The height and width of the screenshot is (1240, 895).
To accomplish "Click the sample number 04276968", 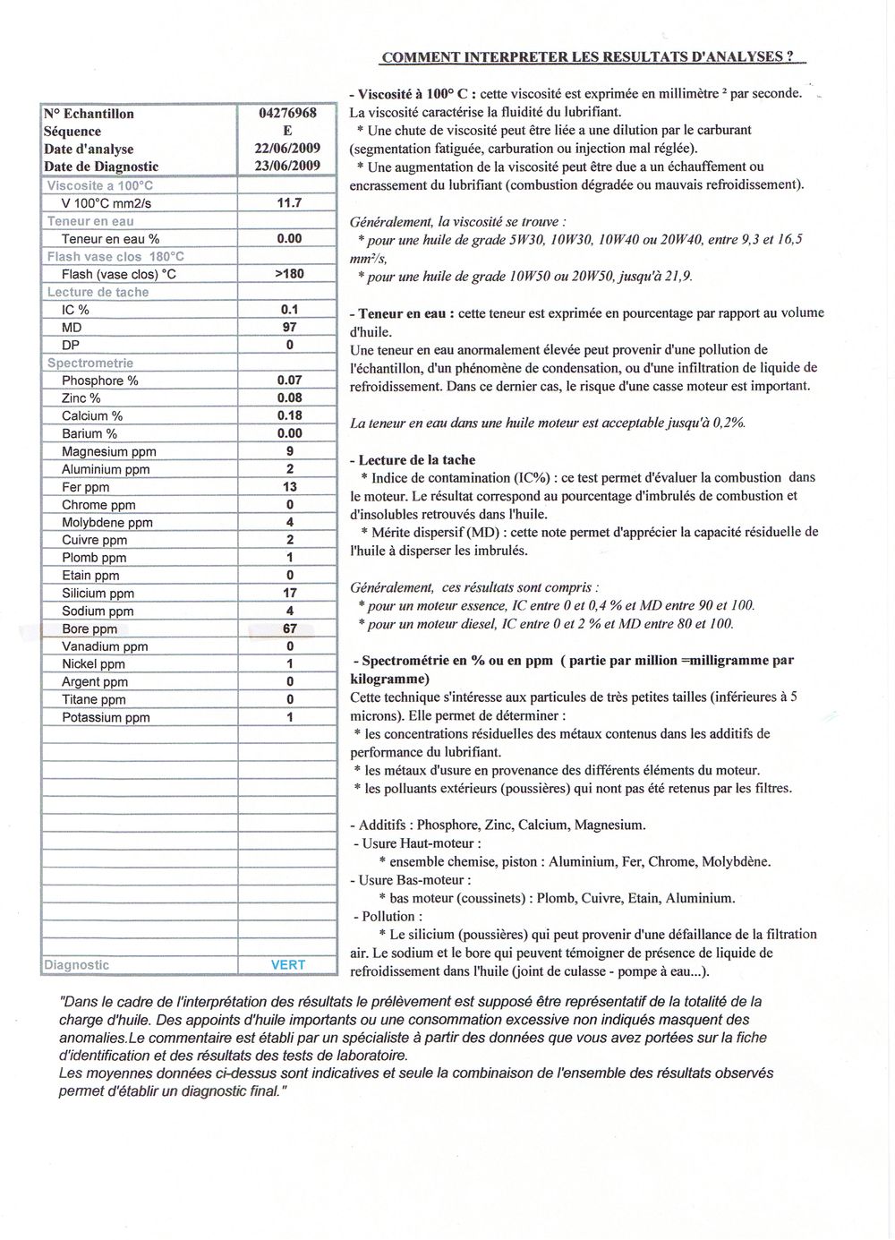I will click(x=287, y=114).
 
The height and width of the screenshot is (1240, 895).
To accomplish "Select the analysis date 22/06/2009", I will click(x=287, y=149).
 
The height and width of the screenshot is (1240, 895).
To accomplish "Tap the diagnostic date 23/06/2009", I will click(x=287, y=167).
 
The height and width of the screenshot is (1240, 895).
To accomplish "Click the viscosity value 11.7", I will click(x=289, y=203).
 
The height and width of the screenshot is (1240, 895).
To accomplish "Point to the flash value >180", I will click(x=289, y=274).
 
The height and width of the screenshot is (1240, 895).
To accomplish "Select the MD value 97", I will click(x=289, y=328).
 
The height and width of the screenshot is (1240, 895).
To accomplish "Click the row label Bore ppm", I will click(x=89, y=629).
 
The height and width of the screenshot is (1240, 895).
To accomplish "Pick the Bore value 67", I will click(x=289, y=629).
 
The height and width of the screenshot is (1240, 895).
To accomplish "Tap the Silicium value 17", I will click(x=289, y=593).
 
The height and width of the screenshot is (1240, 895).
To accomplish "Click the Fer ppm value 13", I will click(x=289, y=486).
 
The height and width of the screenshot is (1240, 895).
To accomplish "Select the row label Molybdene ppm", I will click(x=107, y=522).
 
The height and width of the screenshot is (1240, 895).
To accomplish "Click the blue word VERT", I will click(x=288, y=965).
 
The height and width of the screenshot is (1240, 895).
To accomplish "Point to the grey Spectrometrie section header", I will click(x=90, y=363).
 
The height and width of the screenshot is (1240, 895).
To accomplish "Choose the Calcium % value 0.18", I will click(x=289, y=415).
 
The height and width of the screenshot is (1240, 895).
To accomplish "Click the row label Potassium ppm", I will click(x=106, y=717).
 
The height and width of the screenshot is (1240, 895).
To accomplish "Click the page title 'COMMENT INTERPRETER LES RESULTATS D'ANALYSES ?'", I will click(x=587, y=57).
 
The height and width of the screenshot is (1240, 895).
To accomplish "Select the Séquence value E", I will click(x=287, y=132).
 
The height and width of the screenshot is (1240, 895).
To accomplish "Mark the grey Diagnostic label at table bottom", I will click(x=77, y=965).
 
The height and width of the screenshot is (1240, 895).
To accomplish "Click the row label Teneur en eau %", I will click(x=111, y=239).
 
